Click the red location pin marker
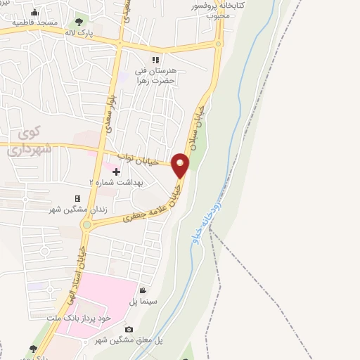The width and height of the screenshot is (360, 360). tap(181, 166)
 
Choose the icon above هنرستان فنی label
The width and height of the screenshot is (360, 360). tap(155, 60)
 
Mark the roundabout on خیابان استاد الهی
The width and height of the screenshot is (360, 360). tap(88, 225)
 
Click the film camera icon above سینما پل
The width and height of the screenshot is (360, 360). tap(143, 291)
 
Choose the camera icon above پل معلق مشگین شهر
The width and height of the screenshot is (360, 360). tap(128, 329)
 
